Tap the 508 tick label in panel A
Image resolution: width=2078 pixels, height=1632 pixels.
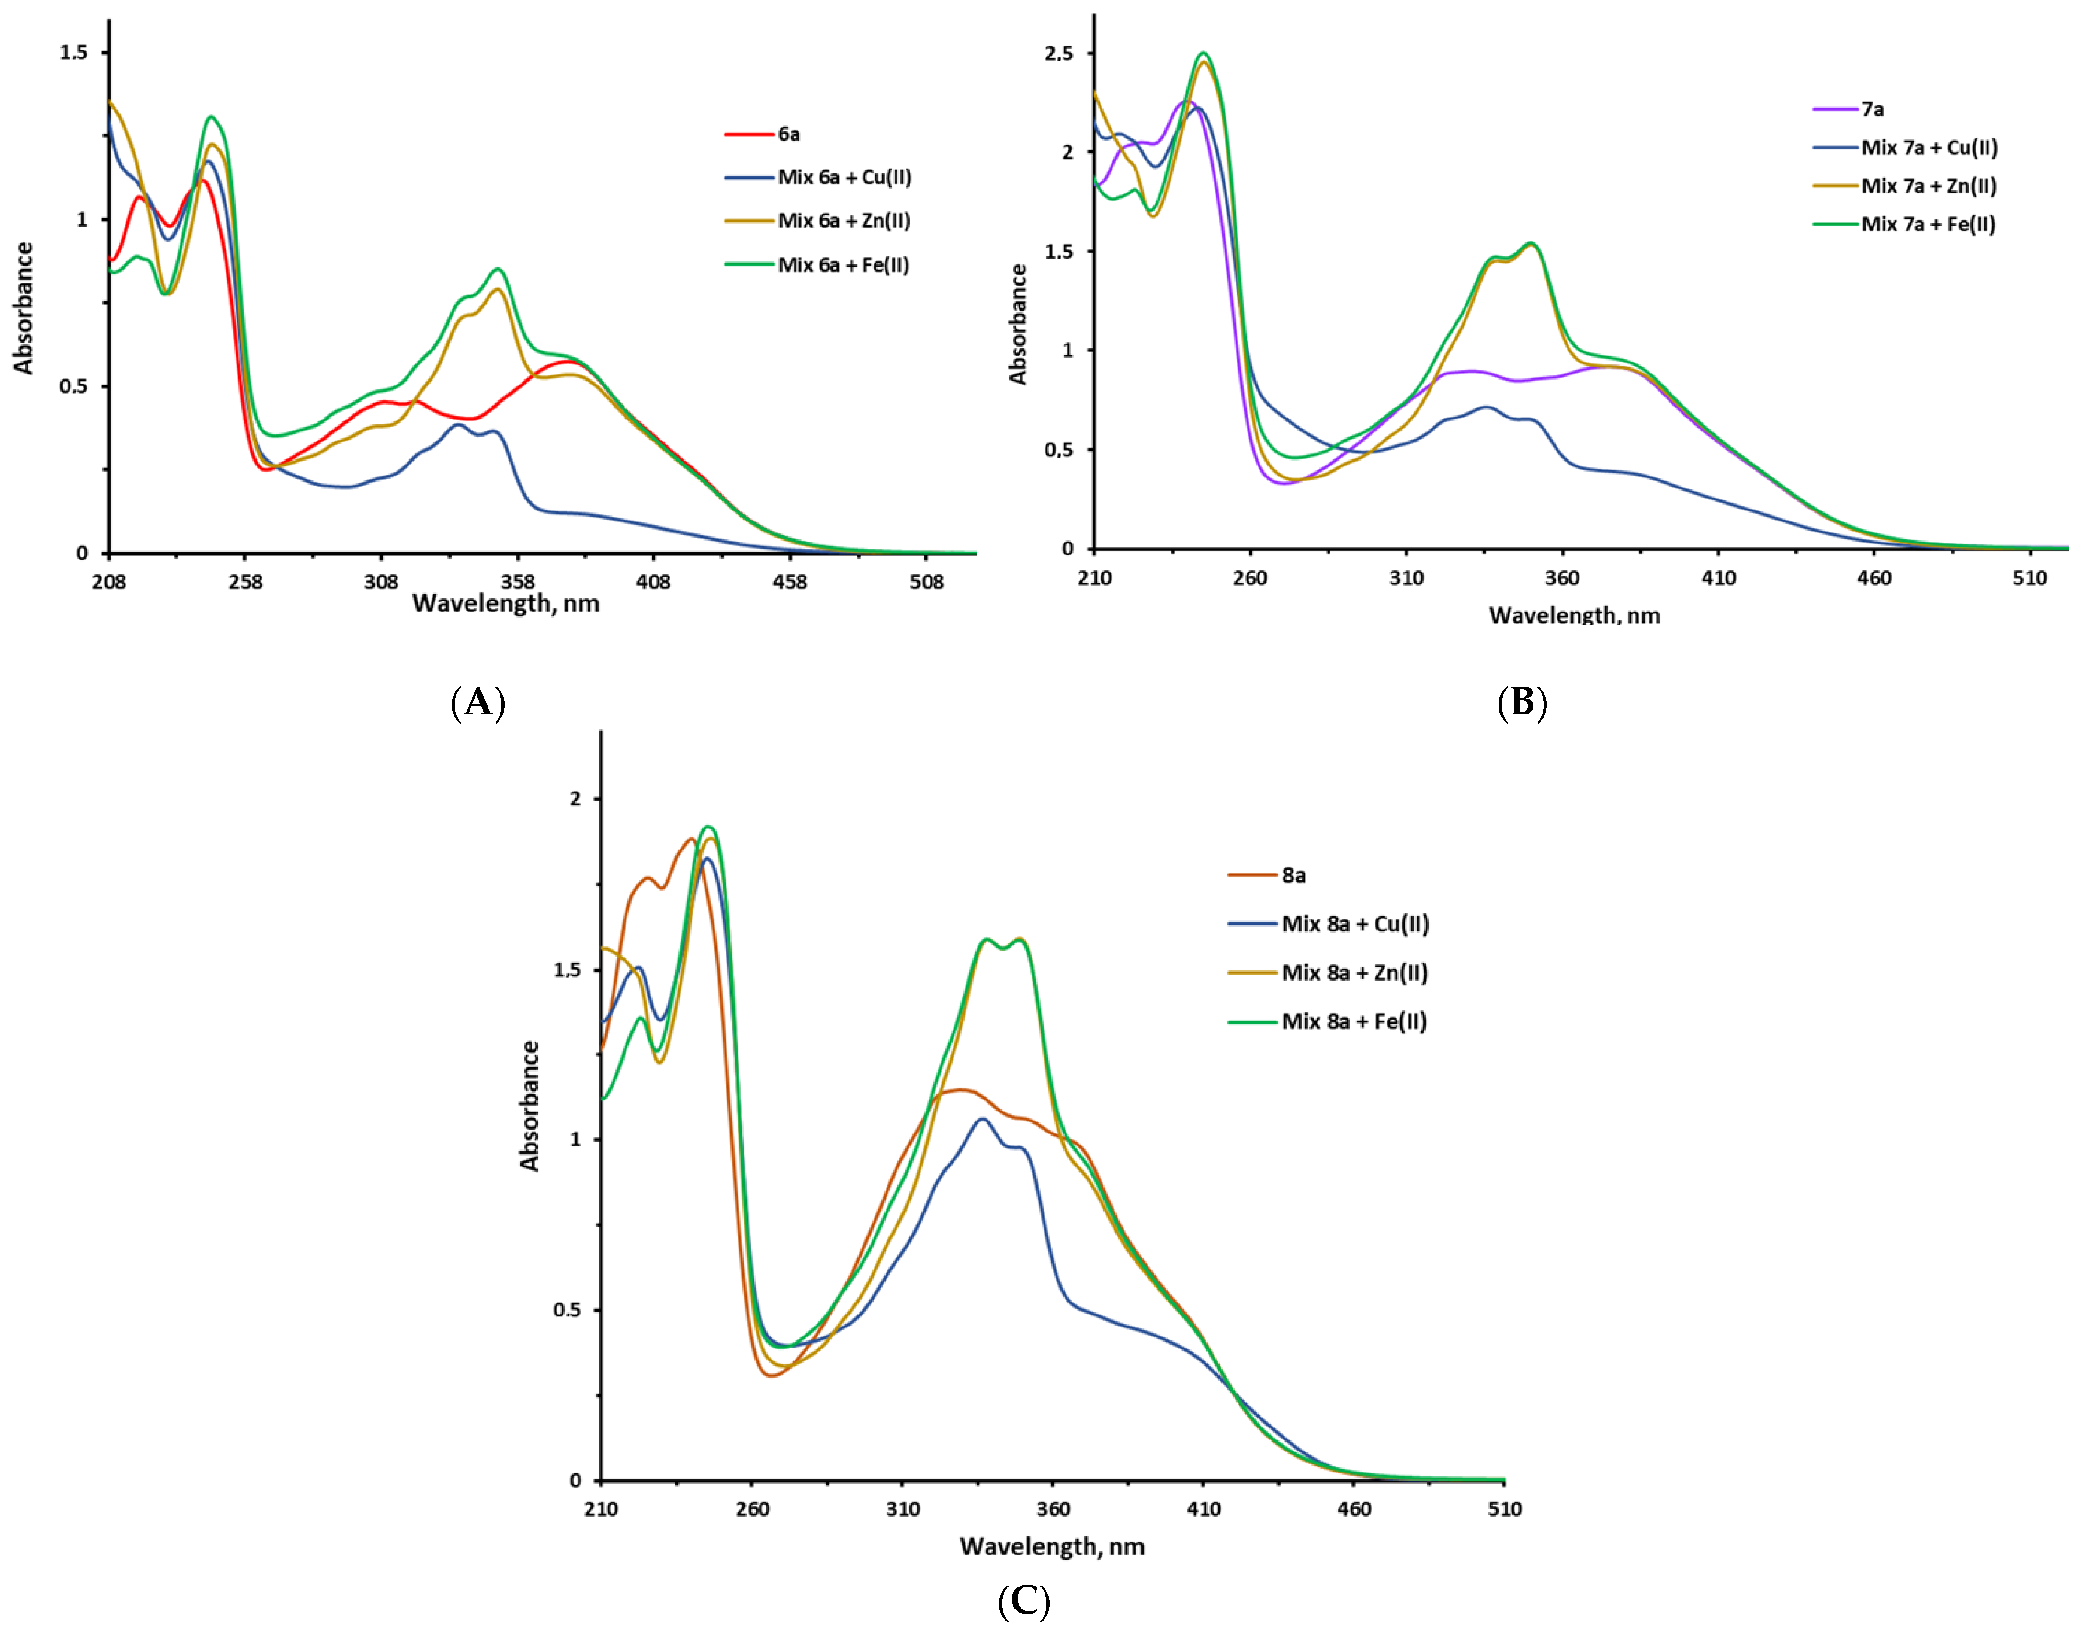926,582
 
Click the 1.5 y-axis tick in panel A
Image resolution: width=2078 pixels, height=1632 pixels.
74,53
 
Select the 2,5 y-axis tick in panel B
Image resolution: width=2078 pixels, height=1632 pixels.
1057,54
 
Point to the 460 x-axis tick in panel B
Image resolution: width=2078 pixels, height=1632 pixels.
1874,578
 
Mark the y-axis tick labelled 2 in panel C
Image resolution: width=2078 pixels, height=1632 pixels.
575,799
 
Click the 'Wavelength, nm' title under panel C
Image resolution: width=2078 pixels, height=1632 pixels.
1052,1547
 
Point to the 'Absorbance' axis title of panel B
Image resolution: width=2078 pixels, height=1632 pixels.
1019,325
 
